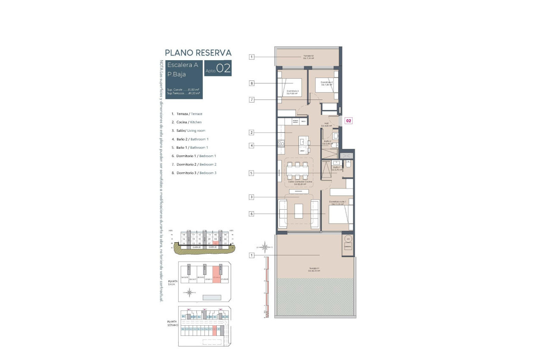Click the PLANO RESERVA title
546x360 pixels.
[x=198, y=53]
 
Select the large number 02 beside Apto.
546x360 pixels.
[x=223, y=69]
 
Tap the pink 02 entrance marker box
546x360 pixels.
[x=349, y=121]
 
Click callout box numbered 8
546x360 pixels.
[x=251, y=83]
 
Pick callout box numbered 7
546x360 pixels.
[x=251, y=100]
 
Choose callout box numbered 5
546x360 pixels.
[x=251, y=173]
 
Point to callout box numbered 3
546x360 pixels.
[x=251, y=197]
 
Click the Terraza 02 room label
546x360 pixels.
[x=308, y=57]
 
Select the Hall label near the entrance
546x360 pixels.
[x=326, y=125]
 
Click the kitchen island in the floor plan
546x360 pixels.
[x=302, y=144]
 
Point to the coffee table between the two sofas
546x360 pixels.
[x=298, y=210]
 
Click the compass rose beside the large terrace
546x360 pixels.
[x=265, y=246]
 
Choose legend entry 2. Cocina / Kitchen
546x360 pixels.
[x=187, y=122]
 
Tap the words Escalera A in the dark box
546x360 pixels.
[x=182, y=65]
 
